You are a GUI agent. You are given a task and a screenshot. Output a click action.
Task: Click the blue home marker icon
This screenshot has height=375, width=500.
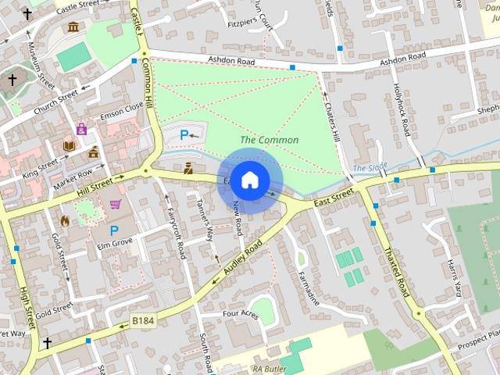[249, 180]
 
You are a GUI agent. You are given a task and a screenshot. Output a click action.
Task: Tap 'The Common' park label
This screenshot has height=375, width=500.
[269, 141]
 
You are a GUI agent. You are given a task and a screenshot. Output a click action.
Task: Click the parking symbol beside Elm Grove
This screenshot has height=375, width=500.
[114, 230]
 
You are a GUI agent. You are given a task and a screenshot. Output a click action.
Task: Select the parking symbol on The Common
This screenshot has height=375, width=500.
[184, 135]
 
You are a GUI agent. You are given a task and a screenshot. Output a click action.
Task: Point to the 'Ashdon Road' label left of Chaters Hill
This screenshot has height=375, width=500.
[232, 60]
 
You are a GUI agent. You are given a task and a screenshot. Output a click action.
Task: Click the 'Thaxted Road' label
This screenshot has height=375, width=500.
[395, 271]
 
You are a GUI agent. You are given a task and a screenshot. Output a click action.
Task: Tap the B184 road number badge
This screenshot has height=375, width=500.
[143, 320]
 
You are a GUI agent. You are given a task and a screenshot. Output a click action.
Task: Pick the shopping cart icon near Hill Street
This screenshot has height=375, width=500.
[116, 205]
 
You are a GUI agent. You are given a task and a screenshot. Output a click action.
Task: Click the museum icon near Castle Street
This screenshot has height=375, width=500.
[73, 27]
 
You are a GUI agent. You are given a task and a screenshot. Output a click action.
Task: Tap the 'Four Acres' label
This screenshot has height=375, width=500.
[240, 314]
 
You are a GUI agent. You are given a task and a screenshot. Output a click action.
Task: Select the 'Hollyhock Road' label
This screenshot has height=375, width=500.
[402, 110]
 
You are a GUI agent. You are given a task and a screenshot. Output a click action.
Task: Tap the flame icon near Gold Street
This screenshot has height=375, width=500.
[64, 220]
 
